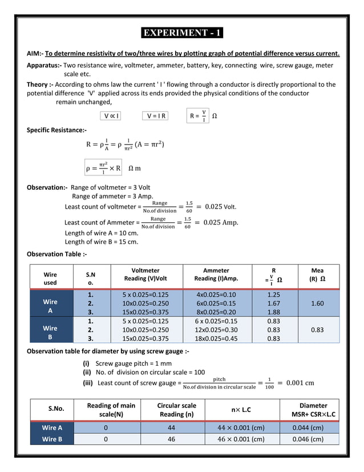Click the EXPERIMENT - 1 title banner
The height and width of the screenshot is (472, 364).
[183, 33]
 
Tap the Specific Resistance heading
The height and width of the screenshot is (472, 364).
[57, 130]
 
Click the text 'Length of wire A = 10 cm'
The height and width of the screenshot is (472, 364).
[102, 233]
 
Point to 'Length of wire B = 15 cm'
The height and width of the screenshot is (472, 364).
[102, 242]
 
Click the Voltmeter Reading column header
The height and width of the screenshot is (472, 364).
[145, 274]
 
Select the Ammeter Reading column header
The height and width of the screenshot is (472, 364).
[216, 274]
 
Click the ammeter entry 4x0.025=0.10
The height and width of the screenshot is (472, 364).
[216, 295]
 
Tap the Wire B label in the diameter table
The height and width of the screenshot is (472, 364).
[52, 439]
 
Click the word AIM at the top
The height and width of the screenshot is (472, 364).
[35, 54]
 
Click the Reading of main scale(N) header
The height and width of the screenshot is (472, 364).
[111, 409]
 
